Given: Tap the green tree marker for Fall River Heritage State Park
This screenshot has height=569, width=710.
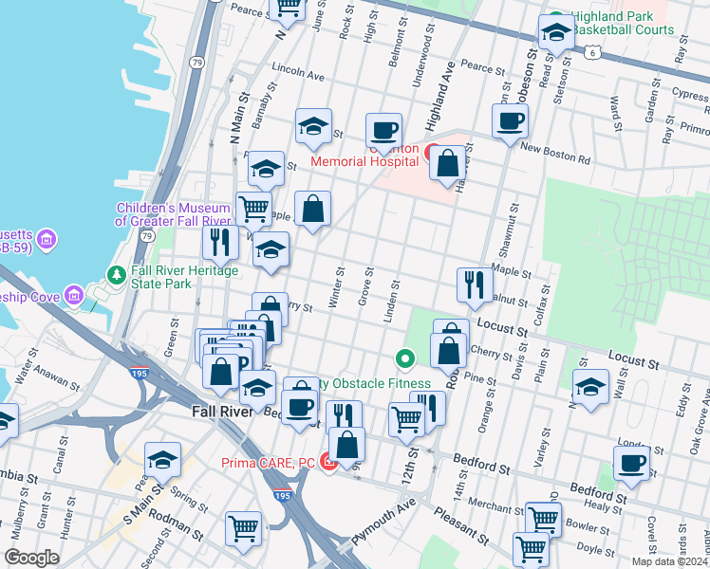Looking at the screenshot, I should click(118, 275).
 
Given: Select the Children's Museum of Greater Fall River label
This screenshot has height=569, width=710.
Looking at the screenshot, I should click(173, 214).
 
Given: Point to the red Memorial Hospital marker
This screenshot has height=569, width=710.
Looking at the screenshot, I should click(430, 151).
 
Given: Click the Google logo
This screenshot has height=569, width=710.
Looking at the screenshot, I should click(30, 558).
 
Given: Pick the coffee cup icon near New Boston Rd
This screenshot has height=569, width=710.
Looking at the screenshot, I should click(510, 121).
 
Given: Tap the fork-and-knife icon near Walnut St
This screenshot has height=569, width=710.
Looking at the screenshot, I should click(474, 284).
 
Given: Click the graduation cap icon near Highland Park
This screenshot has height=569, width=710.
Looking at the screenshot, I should click(555, 32).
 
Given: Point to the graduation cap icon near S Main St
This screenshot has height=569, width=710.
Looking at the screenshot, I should click(162, 460).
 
